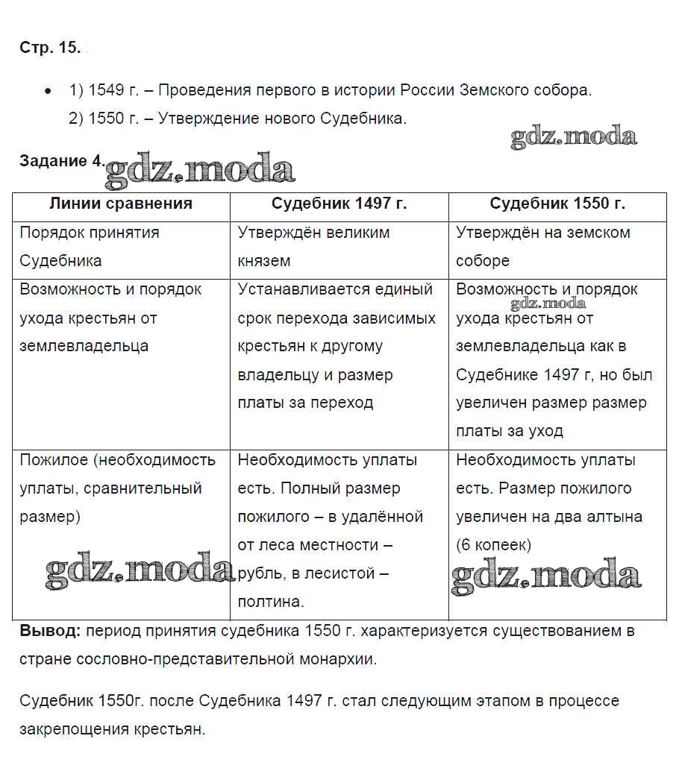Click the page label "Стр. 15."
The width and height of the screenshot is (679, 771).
pos(49,48)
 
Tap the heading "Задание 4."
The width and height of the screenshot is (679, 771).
pos(62,160)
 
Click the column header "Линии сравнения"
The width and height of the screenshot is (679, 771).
pos(121,204)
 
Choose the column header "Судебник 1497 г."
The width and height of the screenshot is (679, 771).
pos(339,204)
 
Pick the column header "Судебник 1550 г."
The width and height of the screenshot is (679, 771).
pos(557,204)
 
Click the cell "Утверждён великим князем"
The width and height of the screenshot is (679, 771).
pos(313,246)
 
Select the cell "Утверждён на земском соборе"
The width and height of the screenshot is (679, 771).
pos(543,246)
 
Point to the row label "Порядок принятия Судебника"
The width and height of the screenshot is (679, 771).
pos(90,246)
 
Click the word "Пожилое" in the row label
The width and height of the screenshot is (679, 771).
pos(54,460)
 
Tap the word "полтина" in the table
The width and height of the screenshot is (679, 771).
pos(269,602)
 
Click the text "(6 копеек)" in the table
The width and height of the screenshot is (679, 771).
pos(493,545)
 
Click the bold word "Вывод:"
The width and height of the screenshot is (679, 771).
pos(50,631)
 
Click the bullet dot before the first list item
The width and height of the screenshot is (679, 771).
pos(48,91)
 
